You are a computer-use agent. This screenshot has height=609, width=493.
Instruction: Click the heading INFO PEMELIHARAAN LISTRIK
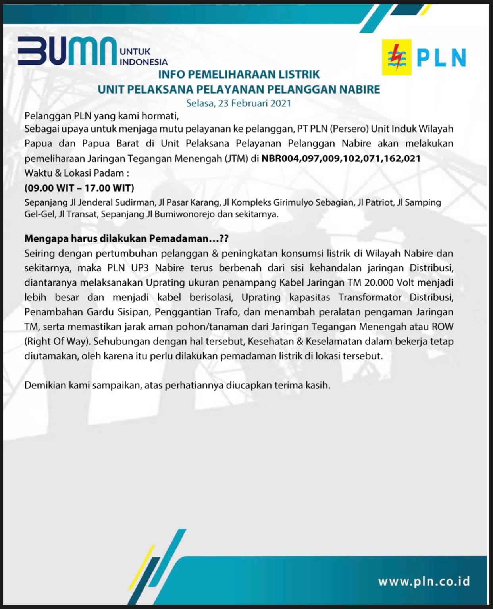(239, 74)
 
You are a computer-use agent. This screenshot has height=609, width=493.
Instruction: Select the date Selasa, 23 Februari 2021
(239, 103)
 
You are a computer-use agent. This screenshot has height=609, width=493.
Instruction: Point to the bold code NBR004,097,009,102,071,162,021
(341, 158)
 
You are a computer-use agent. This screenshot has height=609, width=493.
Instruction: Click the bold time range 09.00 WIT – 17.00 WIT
(79, 188)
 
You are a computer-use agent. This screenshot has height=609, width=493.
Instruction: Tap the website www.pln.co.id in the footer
(424, 582)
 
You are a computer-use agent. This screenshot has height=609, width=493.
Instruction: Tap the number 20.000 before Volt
(378, 283)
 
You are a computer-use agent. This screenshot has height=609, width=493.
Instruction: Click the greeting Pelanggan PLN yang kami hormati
(100, 116)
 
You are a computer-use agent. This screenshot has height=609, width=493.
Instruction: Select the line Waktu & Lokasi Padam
(77, 173)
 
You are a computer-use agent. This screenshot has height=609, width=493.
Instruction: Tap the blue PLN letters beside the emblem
(441, 58)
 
